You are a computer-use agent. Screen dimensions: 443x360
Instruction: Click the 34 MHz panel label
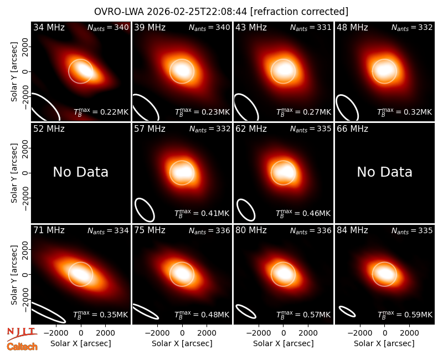[x=49, y=27]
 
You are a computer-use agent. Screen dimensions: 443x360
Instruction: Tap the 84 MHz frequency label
[x=352, y=230]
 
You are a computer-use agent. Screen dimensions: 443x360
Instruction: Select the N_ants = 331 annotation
[x=311, y=28]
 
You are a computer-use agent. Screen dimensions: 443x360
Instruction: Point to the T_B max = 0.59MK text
[x=405, y=315]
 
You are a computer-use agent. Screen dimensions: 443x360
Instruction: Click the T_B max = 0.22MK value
[x=101, y=112]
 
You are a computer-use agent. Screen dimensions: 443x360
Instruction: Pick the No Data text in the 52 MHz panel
[x=81, y=172]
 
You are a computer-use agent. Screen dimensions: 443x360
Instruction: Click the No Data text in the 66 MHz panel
[x=384, y=172]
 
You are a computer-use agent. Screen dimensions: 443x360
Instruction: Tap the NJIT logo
[x=22, y=333]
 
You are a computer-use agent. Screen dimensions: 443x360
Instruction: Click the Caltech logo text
[x=22, y=347]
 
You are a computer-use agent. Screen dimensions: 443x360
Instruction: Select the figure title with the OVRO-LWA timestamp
[x=221, y=12]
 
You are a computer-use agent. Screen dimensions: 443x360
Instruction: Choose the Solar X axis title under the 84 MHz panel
[x=384, y=343]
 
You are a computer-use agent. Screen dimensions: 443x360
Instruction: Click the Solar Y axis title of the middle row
[x=14, y=173]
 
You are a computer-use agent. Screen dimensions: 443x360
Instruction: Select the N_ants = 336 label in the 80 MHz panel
[x=311, y=231]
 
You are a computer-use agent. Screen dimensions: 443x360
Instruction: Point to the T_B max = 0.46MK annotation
[x=303, y=213]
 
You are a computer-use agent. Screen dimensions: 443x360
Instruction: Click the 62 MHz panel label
[x=251, y=129]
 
